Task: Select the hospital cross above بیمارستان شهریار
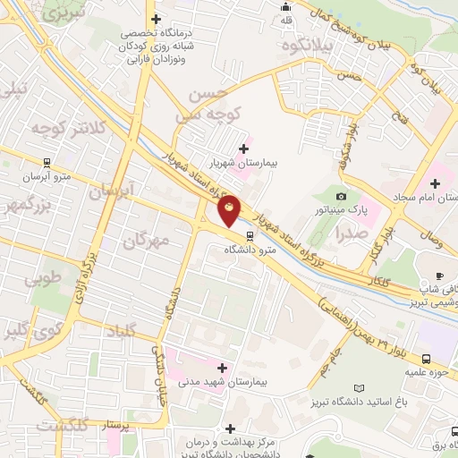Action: click(244, 148)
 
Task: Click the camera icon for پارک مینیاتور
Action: click(340, 196)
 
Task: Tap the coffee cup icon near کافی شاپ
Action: click(439, 274)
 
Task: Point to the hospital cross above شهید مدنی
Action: click(221, 367)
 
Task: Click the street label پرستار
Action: click(115, 424)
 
